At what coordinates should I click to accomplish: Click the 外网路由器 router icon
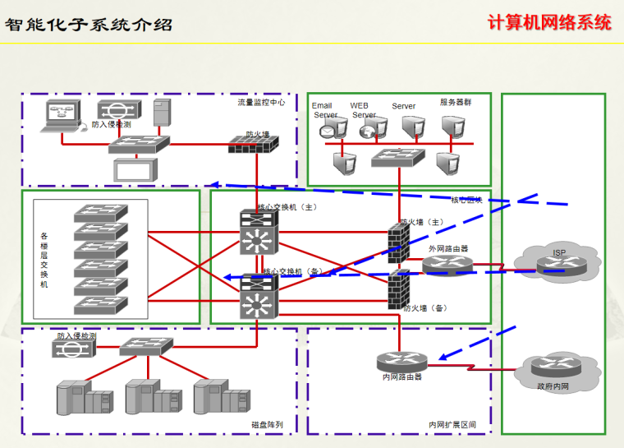point(448,264)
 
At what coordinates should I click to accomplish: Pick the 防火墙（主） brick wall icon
point(400,243)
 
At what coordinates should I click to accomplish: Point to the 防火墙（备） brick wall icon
point(400,289)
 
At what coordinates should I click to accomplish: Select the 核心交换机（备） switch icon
point(259,297)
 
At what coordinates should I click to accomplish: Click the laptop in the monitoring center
point(62,116)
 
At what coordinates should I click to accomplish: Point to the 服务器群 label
point(456,103)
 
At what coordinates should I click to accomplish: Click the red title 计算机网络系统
point(548,22)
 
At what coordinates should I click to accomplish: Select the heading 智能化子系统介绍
point(89,24)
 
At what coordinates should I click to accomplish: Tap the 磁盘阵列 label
point(267,424)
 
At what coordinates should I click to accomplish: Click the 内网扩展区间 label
point(452,425)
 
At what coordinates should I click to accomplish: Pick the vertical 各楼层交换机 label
point(44,260)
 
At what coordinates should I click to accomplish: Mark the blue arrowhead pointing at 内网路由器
point(443,358)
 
